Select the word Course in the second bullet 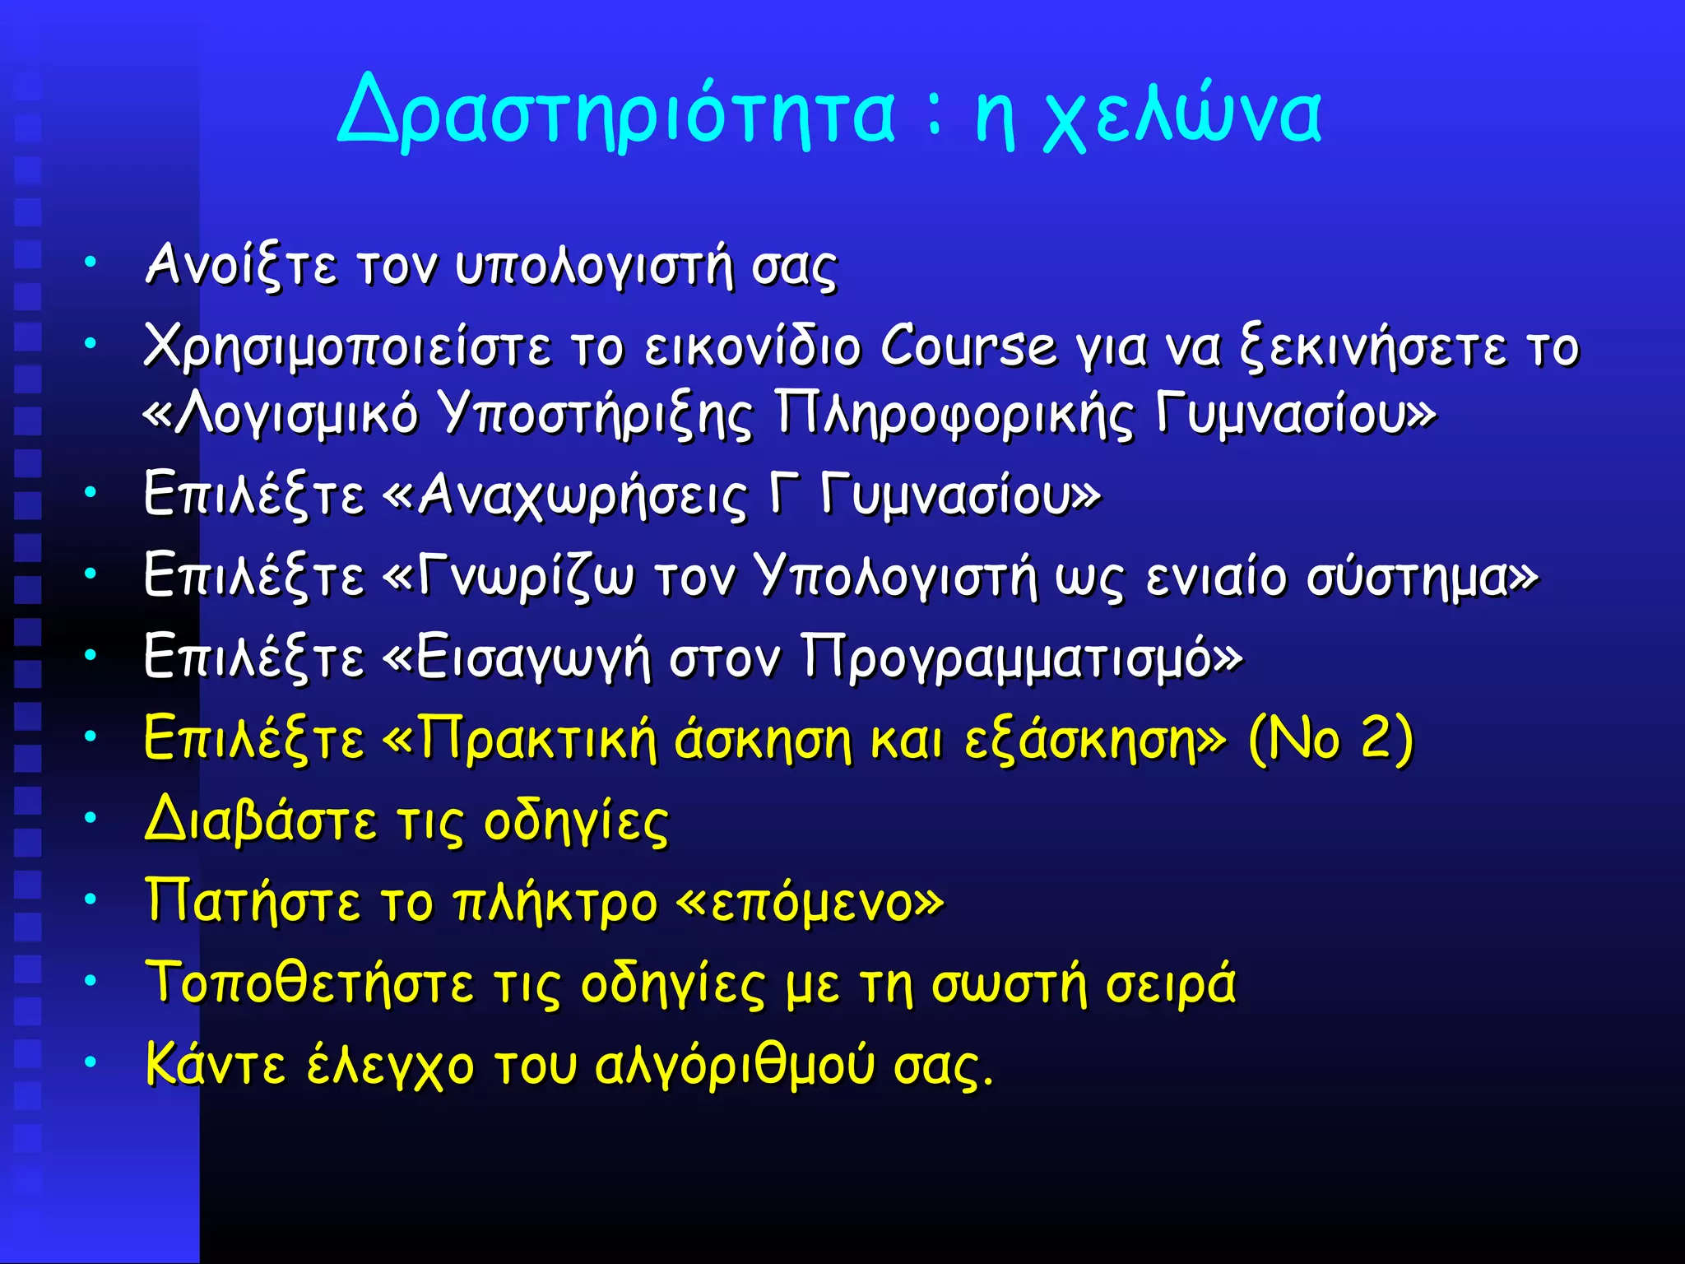968,346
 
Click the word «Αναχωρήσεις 566,495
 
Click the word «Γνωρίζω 510,576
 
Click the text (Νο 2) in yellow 1330,739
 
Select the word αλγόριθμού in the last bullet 734,1066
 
